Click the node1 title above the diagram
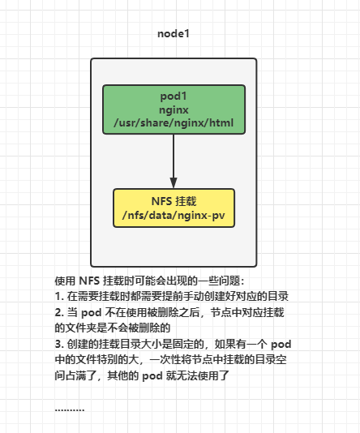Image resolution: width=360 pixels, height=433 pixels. tap(174, 35)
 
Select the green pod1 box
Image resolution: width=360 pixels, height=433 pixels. tap(174, 109)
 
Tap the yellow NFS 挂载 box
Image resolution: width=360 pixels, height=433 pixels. tap(174, 208)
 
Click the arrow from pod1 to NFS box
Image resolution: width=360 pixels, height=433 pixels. tap(174, 158)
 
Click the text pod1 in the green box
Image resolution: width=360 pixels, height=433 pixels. tap(174, 96)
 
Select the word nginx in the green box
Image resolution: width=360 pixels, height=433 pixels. tap(174, 109)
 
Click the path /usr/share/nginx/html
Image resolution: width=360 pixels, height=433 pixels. tap(174, 123)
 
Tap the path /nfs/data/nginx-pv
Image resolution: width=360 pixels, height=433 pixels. tap(174, 215)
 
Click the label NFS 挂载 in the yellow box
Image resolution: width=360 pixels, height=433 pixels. tap(174, 200)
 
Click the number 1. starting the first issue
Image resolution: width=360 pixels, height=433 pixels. tap(59, 296)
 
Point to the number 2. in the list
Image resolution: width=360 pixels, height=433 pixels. tap(59, 312)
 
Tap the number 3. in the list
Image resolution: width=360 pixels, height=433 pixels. tap(59, 345)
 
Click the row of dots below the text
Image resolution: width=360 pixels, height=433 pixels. tap(70, 408)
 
